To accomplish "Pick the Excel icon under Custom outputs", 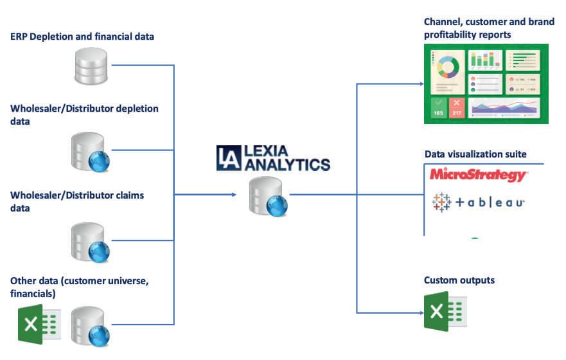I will pyautogui.click(x=445, y=311).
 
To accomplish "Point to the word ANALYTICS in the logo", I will pyautogui.click(x=286, y=165).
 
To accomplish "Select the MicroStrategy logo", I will pyautogui.click(x=478, y=175).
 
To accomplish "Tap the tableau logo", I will pyautogui.click(x=479, y=203).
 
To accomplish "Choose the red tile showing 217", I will pyautogui.click(x=457, y=107).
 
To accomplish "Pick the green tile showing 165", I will pyautogui.click(x=438, y=107).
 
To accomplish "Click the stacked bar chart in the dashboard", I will pyautogui.click(x=484, y=60).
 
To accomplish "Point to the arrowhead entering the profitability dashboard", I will pyautogui.click(x=420, y=84).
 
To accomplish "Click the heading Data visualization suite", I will pyautogui.click(x=475, y=154).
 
